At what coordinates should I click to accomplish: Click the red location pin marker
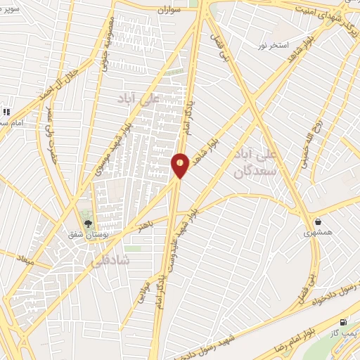pos(180,165)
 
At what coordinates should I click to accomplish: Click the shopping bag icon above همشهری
pos(318,221)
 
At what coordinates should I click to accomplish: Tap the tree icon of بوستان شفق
pos(88,224)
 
